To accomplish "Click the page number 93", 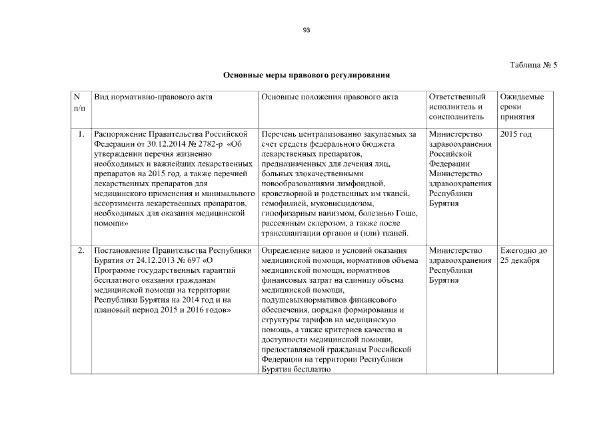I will [x=306, y=29].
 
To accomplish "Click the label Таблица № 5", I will [x=533, y=65].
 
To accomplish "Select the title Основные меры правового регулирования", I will [x=306, y=76].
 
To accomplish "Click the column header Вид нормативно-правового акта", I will [x=153, y=97].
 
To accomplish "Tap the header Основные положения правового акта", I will [x=330, y=97].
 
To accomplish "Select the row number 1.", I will [x=81, y=134].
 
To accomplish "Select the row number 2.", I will [x=81, y=251].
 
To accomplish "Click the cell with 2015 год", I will [x=516, y=134].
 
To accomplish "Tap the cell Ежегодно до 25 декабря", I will [x=523, y=256].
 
